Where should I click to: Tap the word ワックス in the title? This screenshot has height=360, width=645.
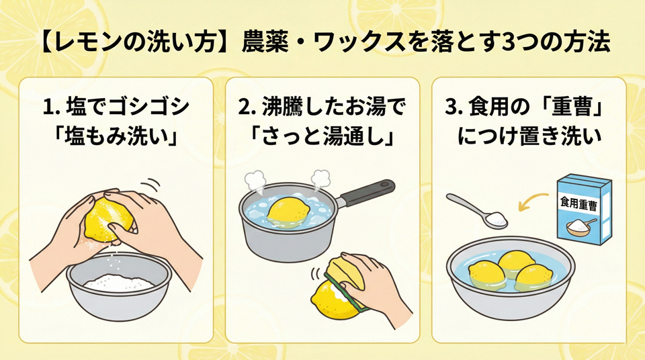[359, 43]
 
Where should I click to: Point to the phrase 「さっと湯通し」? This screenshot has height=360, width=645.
[322, 136]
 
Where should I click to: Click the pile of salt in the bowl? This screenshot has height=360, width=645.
[118, 283]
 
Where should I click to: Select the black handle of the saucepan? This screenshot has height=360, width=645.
[365, 193]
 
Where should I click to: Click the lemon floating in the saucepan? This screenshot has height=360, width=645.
[288, 212]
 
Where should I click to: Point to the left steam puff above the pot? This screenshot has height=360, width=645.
[255, 181]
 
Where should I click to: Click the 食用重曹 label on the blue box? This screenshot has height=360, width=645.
[578, 204]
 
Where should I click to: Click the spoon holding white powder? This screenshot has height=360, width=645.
[478, 211]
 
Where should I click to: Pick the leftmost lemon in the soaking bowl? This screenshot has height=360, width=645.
[487, 273]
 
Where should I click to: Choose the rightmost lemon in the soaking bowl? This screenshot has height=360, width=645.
[534, 277]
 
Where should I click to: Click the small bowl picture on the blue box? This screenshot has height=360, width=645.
[581, 226]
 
